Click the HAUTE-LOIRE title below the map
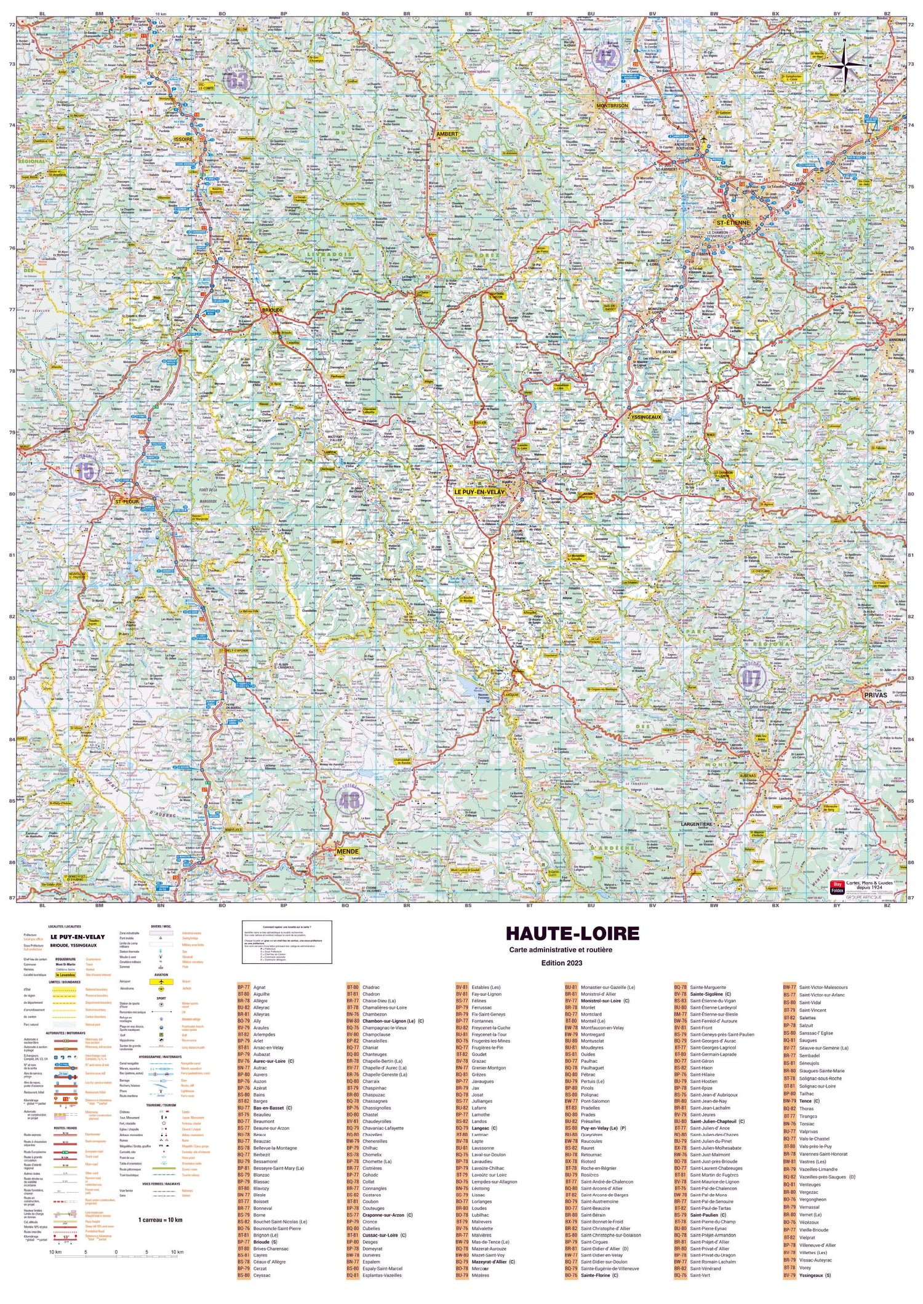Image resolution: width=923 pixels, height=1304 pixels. click(x=572, y=933)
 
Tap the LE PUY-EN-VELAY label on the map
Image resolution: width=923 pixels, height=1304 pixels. click(x=479, y=492)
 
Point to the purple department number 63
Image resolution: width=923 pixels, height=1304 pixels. click(x=238, y=80)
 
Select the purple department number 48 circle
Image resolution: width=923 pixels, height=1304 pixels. click(x=350, y=801)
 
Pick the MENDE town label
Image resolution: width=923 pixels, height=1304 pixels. click(x=348, y=851)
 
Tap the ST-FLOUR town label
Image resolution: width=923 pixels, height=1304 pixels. click(x=127, y=501)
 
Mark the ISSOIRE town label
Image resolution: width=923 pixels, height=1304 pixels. click(x=183, y=140)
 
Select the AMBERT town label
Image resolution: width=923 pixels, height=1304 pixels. click(x=447, y=133)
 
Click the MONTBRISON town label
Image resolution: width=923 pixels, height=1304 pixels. click(x=612, y=105)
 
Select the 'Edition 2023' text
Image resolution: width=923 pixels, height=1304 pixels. click(x=561, y=963)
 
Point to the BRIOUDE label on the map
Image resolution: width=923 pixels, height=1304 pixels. click(x=273, y=310)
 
